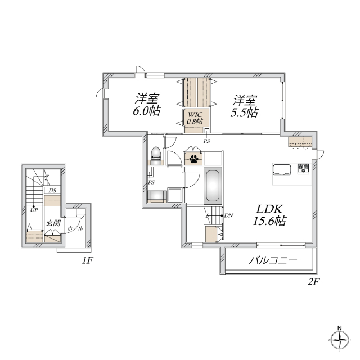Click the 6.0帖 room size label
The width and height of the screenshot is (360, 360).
pyautogui.click(x=147, y=111)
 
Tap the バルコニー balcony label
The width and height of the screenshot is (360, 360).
pyautogui.click(x=272, y=261)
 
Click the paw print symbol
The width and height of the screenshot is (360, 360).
pyautogui.click(x=194, y=159)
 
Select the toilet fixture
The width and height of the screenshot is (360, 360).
pyautogui.click(x=156, y=155)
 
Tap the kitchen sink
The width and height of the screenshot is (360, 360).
pyautogui.click(x=281, y=169)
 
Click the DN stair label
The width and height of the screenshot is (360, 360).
pyautogui.click(x=228, y=215)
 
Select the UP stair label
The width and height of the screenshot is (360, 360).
pyautogui.click(x=34, y=210)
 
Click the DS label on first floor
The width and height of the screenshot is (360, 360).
pyautogui.click(x=52, y=191)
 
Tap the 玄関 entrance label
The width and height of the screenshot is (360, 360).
pyautogui.click(x=53, y=223)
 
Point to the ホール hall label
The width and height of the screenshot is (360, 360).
pyautogui.click(x=75, y=228)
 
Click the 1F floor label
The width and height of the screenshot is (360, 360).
pyautogui.click(x=87, y=260)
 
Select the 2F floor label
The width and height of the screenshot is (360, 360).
pyautogui.click(x=313, y=281)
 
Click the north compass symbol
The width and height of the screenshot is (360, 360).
pyautogui.click(x=339, y=340)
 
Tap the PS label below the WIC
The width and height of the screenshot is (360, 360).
pyautogui.click(x=207, y=141)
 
